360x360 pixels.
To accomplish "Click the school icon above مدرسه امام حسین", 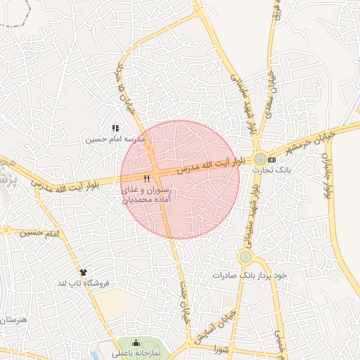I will [x=115, y=128].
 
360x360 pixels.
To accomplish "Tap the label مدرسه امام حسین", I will [x=115, y=139].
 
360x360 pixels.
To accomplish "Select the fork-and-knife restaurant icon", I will [x=146, y=179].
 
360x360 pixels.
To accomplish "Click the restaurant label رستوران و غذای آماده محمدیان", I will [x=147, y=195].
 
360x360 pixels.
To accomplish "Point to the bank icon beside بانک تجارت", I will [x=271, y=160].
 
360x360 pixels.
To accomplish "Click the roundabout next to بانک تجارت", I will [x=260, y=159].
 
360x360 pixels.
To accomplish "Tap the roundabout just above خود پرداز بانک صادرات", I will [x=245, y=257].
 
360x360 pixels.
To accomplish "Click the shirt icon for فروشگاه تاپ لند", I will [x=84, y=271].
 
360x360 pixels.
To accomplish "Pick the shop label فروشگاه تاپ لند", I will [x=82, y=282].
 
